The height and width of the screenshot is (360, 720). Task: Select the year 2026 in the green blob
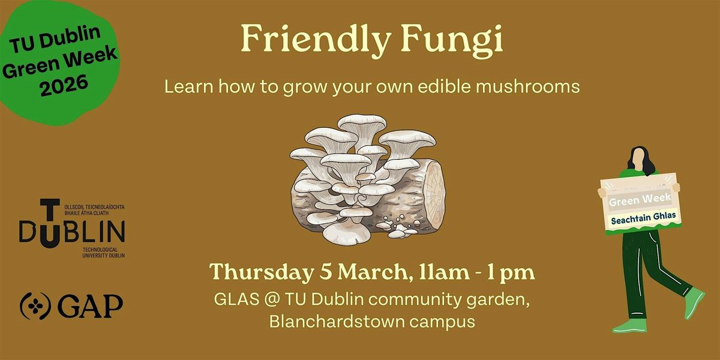point(64,85)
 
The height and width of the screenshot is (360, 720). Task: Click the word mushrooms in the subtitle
point(528,86)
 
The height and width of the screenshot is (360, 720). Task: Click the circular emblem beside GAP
point(35,306)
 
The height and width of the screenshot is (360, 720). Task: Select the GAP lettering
point(91,306)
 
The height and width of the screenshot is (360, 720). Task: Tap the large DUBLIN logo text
point(72,231)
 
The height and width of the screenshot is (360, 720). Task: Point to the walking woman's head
point(640,159)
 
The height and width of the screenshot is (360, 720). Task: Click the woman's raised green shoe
point(694,303)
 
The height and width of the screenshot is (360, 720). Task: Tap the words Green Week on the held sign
point(640,200)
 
